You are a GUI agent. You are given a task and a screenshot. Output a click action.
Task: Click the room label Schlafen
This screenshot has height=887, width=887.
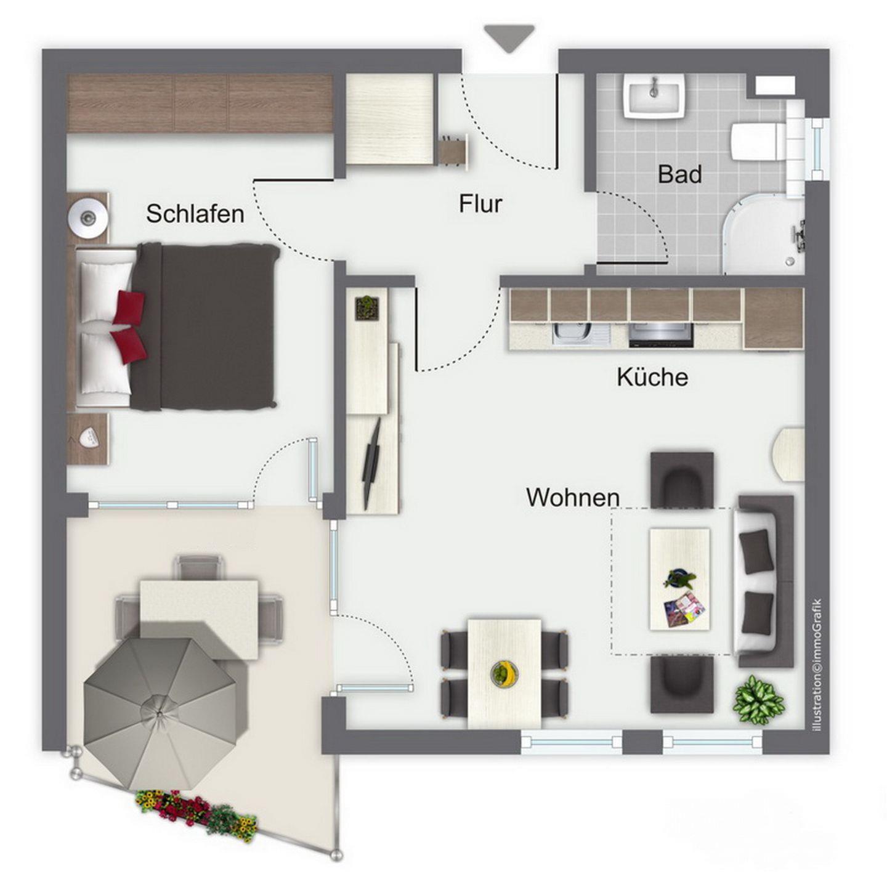pos(195,214)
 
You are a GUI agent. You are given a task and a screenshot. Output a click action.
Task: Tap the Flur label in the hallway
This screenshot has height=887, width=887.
pos(480,203)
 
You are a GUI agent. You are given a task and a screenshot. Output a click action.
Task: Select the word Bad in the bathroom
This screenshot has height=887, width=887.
pos(680,174)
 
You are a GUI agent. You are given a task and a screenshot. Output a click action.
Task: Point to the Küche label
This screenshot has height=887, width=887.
pos(652,376)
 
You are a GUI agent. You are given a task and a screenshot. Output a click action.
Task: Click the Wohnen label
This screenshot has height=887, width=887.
pos(573,497)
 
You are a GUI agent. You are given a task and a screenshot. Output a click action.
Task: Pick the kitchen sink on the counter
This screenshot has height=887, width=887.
pos(581,334)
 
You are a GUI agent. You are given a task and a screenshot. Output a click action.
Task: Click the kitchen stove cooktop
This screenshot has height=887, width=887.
pos(661,335)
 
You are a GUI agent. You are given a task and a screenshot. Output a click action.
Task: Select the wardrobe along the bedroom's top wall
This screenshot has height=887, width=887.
pos(200,103)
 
